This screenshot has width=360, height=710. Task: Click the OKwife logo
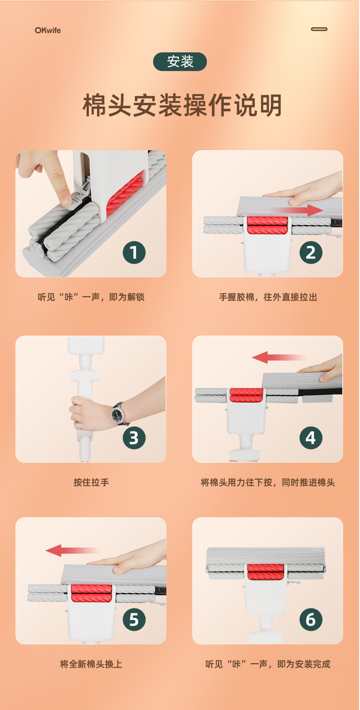click(x=47, y=31)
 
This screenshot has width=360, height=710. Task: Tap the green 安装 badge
click(x=180, y=61)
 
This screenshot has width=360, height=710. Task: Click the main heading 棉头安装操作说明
click(x=182, y=105)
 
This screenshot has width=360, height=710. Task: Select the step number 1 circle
click(x=134, y=252)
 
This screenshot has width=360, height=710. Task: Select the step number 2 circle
click(x=311, y=252)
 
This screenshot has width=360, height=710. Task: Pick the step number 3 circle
click(x=134, y=438)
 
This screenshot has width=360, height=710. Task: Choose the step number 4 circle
click(x=311, y=438)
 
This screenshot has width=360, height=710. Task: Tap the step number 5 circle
click(x=134, y=619)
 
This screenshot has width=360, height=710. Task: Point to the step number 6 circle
click(x=311, y=619)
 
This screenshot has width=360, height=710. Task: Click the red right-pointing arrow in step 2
click(x=298, y=210)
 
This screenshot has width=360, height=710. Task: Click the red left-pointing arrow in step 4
click(x=279, y=357)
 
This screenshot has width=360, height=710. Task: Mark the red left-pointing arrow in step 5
click(x=73, y=551)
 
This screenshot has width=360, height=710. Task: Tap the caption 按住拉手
click(x=91, y=482)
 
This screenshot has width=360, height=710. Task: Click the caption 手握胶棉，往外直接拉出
click(x=268, y=297)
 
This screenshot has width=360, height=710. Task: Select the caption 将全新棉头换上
click(x=91, y=664)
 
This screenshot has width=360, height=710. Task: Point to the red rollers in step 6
click(x=266, y=572)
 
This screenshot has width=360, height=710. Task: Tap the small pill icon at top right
click(x=319, y=29)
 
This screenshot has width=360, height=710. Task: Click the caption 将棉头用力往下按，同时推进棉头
click(x=268, y=482)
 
